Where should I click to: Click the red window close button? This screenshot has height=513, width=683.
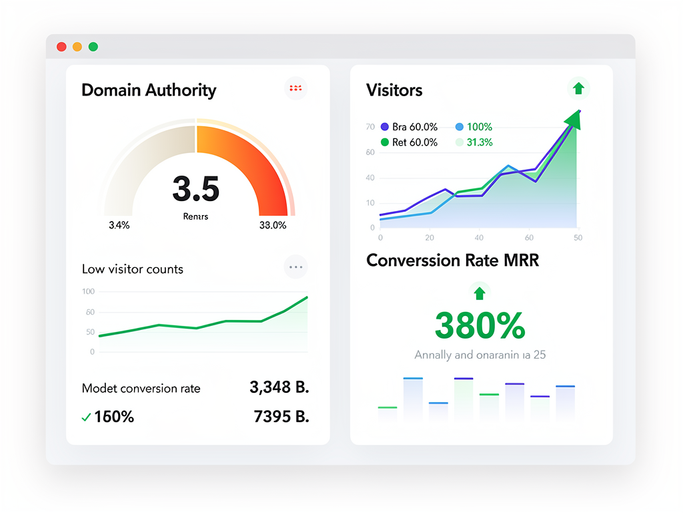click(x=61, y=47)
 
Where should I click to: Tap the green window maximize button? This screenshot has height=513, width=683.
click(x=93, y=47)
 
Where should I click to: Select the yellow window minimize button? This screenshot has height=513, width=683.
click(x=77, y=47)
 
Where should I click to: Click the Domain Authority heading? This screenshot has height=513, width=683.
click(x=149, y=90)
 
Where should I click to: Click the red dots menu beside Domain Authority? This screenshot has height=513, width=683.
click(x=295, y=88)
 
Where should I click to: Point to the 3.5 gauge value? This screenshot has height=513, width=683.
click(x=195, y=189)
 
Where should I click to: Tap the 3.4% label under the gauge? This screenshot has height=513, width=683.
click(x=119, y=225)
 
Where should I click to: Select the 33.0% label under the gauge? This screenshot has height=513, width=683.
click(x=272, y=225)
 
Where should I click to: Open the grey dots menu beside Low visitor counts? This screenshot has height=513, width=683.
click(x=295, y=267)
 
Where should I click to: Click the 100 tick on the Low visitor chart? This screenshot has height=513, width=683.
click(x=88, y=291)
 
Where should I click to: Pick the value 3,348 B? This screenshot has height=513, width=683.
click(x=279, y=387)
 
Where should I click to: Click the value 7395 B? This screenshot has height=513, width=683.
click(x=281, y=417)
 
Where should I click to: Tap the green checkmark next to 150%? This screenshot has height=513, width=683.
click(x=86, y=417)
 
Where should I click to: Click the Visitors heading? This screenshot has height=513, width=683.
click(x=394, y=90)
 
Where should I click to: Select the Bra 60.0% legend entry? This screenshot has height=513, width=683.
click(x=408, y=127)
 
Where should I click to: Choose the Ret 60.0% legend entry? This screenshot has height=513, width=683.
click(x=408, y=142)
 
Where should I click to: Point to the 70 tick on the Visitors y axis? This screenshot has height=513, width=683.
click(x=370, y=127)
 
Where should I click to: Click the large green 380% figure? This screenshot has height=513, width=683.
click(x=480, y=326)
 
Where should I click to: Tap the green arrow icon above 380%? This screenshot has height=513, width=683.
click(x=479, y=293)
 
